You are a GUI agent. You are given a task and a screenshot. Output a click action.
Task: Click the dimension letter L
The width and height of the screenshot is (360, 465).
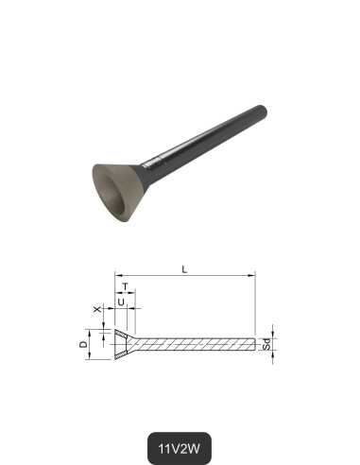[184, 269]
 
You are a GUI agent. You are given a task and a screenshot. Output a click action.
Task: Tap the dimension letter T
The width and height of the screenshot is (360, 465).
[124, 284]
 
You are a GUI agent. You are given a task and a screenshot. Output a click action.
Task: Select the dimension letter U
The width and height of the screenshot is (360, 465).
[120, 301]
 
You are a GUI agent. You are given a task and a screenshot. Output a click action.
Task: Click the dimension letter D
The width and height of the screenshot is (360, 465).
[83, 346]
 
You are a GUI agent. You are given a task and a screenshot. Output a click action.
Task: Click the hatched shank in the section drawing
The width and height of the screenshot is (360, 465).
[198, 345]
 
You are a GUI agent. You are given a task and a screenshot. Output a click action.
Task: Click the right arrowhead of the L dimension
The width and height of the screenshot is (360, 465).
[252, 276]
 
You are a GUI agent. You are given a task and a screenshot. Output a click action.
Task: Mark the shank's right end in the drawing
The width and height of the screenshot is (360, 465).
[255, 345]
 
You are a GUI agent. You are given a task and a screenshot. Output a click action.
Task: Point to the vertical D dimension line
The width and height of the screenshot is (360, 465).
[93, 346]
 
